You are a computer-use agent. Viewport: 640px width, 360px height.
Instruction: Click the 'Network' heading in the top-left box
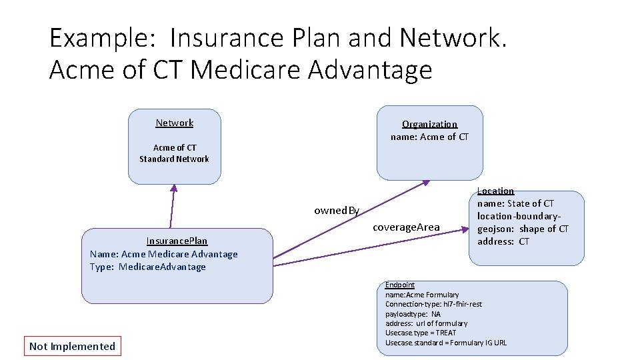[174, 123]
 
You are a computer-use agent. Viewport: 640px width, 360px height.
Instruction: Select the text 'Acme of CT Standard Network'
[174, 153]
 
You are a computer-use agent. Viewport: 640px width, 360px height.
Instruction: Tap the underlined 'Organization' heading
[429, 124]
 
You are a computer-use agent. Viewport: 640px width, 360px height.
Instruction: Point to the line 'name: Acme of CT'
[429, 137]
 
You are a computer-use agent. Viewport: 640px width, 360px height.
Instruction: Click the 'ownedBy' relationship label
[337, 211]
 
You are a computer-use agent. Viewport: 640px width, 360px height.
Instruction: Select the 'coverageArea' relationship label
[406, 227]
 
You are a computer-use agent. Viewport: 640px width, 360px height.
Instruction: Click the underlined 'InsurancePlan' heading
[177, 241]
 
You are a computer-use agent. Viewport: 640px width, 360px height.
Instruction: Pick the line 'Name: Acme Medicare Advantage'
[163, 254]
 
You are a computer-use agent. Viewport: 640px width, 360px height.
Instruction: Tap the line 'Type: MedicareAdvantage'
[147, 267]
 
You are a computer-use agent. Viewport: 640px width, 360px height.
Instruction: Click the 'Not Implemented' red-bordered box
[73, 346]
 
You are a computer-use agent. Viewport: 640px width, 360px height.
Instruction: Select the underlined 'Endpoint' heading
[399, 285]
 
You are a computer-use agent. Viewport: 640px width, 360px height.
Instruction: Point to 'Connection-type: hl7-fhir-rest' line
[433, 304]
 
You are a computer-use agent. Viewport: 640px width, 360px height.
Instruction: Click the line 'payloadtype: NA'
[413, 314]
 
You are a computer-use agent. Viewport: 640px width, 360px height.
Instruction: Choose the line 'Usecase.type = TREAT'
[421, 333]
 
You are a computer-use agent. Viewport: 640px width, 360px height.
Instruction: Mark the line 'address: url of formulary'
[426, 323]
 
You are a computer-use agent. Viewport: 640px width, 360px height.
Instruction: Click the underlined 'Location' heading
[495, 191]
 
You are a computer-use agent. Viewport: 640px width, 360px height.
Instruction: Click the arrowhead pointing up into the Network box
[174, 187]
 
